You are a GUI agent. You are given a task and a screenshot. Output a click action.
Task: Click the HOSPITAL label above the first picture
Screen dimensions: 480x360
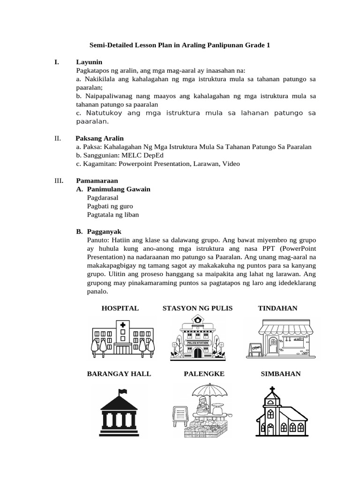(x=120, y=308)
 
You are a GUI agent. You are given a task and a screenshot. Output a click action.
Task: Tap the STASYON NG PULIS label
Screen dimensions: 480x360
(x=197, y=308)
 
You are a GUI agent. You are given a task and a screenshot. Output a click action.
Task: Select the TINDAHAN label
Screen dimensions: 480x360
(x=277, y=308)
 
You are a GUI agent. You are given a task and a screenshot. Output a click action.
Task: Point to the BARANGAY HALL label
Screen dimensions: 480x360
(x=119, y=374)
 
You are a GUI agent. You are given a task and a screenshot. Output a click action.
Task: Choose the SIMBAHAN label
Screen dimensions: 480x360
(x=280, y=374)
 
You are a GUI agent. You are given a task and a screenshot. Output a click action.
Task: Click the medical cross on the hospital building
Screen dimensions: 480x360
(x=123, y=325)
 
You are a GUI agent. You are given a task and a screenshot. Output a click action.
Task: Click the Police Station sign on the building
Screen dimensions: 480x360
(x=197, y=343)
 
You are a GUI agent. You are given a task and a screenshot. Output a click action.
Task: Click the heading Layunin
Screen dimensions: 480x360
(x=89, y=62)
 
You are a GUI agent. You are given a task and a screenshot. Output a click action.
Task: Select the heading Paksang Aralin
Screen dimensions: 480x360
(x=100, y=138)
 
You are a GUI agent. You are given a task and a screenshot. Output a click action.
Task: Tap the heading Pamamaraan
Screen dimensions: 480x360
(x=97, y=180)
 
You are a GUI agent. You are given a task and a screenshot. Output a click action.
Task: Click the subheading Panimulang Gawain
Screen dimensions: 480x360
(x=119, y=189)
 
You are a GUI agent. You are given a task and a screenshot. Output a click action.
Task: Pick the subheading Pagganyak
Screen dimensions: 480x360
(x=104, y=232)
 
